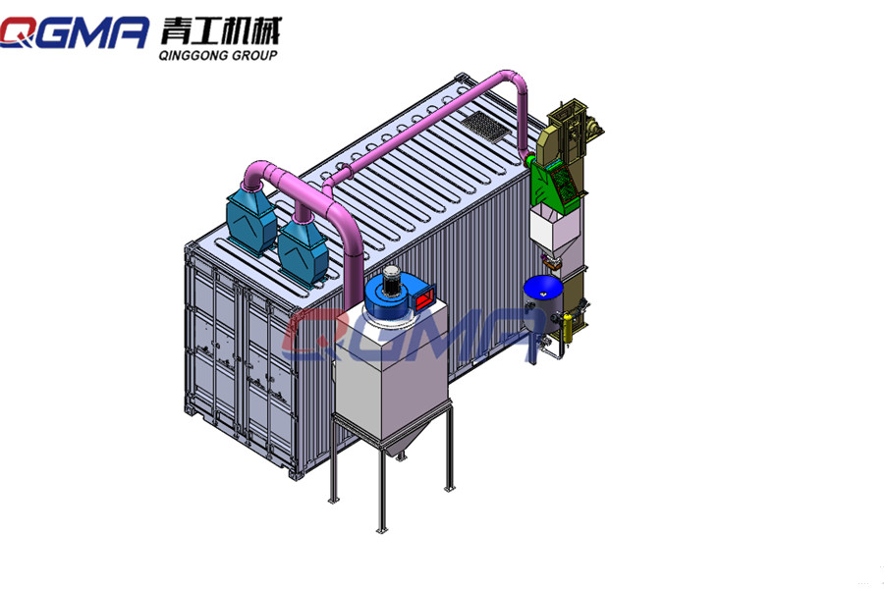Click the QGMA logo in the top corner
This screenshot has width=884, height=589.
pos(75,32)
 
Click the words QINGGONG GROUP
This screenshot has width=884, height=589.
pos(218,55)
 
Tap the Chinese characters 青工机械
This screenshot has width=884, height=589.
pos(220,30)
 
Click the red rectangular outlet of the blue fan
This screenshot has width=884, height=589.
pos(424,296)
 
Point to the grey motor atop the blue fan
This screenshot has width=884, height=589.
pos(390,279)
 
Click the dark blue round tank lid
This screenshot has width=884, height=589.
pos(543,288)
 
